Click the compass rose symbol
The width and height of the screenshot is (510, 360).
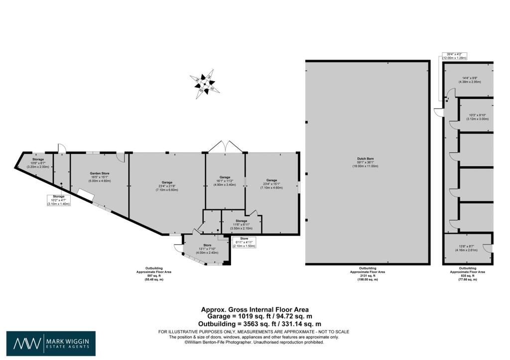(x=204, y=85)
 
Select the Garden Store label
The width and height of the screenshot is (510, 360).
(x=100, y=177)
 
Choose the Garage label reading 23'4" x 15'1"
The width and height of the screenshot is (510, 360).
(x=271, y=184)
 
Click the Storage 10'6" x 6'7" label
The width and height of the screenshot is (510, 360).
(x=38, y=164)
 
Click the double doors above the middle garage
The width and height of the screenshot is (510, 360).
(x=225, y=147)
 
